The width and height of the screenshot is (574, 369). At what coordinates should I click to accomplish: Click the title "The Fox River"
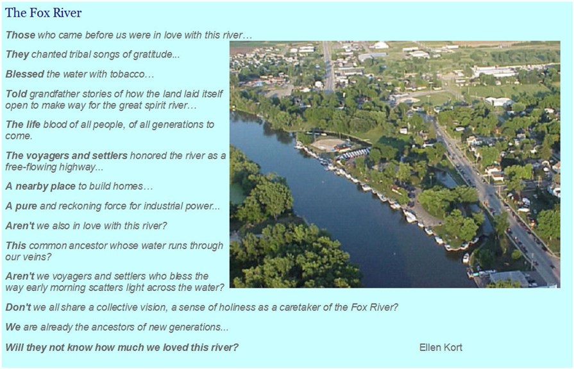pos(43,13)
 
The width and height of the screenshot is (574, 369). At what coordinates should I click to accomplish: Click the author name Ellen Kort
pos(441,347)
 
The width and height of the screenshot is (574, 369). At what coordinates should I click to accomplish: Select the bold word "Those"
pos(21,35)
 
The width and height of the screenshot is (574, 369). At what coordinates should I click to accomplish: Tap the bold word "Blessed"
pos(25,74)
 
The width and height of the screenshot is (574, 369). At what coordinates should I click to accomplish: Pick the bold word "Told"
pos(16,94)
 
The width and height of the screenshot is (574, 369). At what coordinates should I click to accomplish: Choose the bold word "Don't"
pos(18,307)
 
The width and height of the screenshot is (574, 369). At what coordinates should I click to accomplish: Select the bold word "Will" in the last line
pos(15,347)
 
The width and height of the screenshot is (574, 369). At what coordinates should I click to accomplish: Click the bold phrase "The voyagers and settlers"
pos(66,156)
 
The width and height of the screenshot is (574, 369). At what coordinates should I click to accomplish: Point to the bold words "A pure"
pos(21,206)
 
